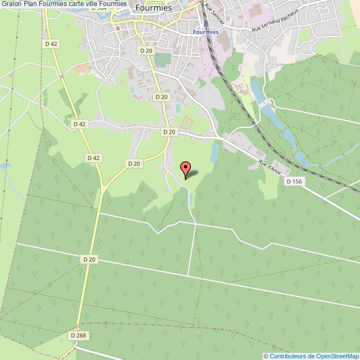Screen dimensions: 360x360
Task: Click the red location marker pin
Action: click(x=186, y=168)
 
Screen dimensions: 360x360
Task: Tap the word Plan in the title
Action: click(x=32, y=4)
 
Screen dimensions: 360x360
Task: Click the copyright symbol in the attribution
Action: click(x=266, y=356)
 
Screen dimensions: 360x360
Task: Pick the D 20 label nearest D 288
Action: click(x=90, y=259)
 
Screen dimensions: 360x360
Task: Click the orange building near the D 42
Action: click(x=83, y=69)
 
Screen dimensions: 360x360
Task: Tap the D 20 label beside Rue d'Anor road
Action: click(x=169, y=132)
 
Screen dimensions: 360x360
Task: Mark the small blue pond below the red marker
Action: click(x=191, y=198)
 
